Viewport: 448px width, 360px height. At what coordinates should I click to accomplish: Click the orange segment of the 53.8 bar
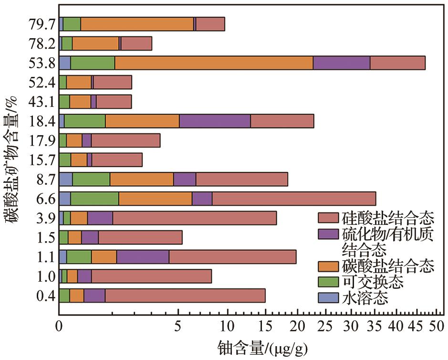click(x=214, y=63)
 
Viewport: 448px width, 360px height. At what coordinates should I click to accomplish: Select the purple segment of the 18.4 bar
click(x=215, y=121)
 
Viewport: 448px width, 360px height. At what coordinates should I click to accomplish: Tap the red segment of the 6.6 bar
click(x=293, y=199)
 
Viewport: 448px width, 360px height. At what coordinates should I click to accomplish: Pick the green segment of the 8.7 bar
click(x=91, y=179)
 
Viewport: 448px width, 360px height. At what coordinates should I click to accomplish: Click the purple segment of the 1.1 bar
click(x=143, y=257)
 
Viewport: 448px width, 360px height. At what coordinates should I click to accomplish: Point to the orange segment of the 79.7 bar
click(x=137, y=24)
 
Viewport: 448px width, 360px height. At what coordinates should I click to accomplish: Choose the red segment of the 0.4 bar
click(x=185, y=296)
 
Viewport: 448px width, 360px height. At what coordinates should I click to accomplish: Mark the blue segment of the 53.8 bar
click(x=65, y=63)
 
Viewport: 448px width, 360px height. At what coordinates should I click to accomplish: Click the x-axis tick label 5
click(x=178, y=328)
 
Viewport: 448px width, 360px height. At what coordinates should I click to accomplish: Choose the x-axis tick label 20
click(x=297, y=328)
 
